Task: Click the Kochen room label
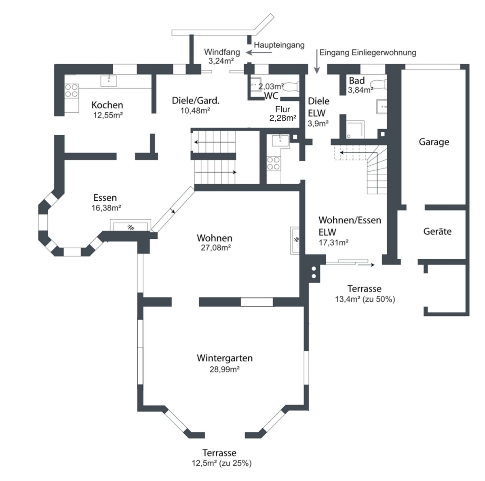[107, 105]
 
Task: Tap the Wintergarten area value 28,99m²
[224, 369]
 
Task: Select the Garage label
[434, 142]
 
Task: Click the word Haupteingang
[279, 45]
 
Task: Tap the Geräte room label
[437, 231]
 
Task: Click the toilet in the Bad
[380, 84]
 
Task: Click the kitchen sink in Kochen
[109, 80]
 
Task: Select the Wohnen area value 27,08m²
[216, 248]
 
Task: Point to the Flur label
[283, 109]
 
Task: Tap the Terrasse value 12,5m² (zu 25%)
[221, 463]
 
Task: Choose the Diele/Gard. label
[196, 101]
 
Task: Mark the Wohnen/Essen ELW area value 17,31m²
[333, 242]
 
